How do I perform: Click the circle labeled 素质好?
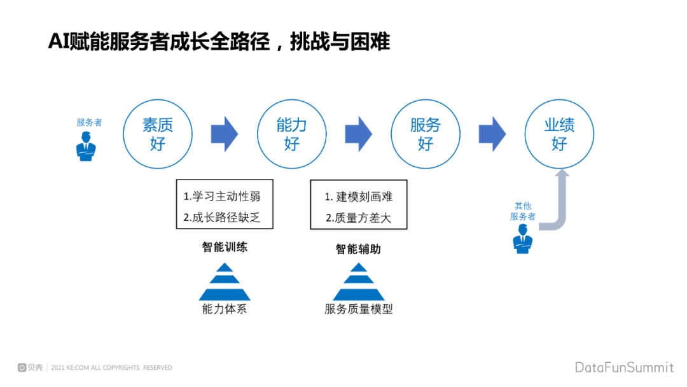(158, 134)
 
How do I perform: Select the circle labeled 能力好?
(291, 134)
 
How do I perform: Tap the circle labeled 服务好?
(426, 134)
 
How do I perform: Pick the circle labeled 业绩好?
(559, 134)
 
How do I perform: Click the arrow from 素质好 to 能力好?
(224, 134)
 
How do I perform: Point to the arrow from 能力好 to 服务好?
(358, 134)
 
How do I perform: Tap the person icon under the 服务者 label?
(86, 148)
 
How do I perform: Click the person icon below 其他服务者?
(523, 244)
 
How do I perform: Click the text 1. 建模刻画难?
(358, 197)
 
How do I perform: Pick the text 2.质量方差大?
(358, 218)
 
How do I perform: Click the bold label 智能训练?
(225, 247)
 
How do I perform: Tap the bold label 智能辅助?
(358, 249)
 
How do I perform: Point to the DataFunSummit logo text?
(624, 367)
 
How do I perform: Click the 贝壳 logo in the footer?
(31, 367)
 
